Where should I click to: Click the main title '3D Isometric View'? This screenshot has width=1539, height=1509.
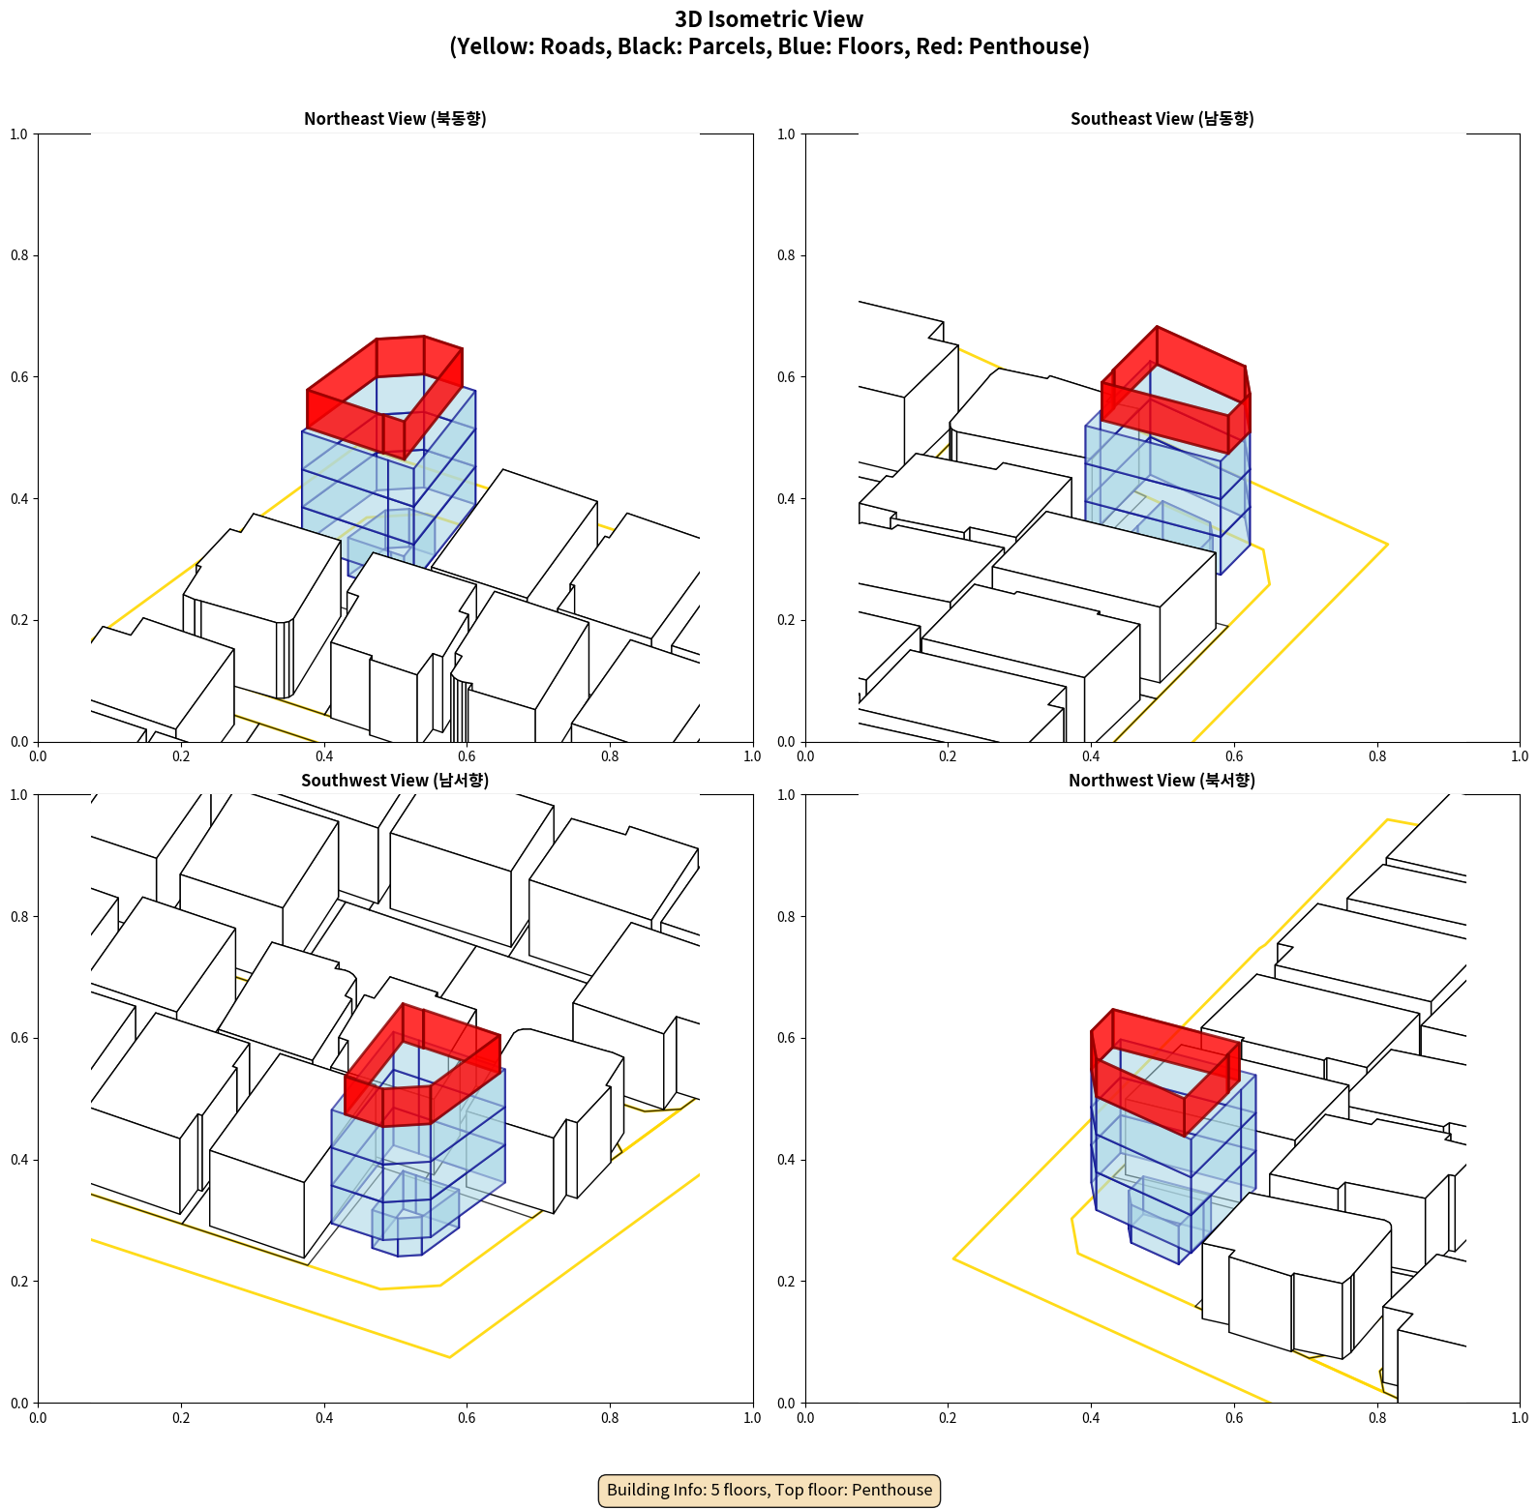click(x=769, y=19)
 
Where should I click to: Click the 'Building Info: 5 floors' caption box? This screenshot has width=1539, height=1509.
click(x=769, y=1490)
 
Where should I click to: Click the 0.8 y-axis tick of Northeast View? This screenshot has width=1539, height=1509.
click(x=19, y=255)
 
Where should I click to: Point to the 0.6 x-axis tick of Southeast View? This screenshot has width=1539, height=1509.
click(x=1234, y=756)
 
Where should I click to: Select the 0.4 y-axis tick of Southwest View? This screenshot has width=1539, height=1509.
click(x=19, y=1160)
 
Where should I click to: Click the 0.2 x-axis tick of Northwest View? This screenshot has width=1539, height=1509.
click(x=948, y=1418)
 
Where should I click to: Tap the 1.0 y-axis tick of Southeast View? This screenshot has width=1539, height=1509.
click(x=786, y=133)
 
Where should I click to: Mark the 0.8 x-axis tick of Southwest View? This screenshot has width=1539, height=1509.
click(x=610, y=1418)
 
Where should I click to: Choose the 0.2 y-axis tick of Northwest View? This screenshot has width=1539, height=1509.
click(x=786, y=1282)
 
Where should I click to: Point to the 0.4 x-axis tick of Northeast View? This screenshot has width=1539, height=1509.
click(x=324, y=756)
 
